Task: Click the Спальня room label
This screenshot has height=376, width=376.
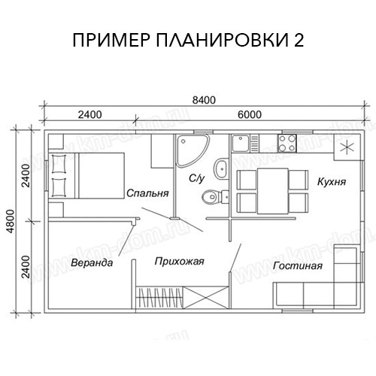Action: point(147,193)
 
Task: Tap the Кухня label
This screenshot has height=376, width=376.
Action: point(331,182)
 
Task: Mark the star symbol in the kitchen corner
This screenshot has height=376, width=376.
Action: point(347,147)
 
